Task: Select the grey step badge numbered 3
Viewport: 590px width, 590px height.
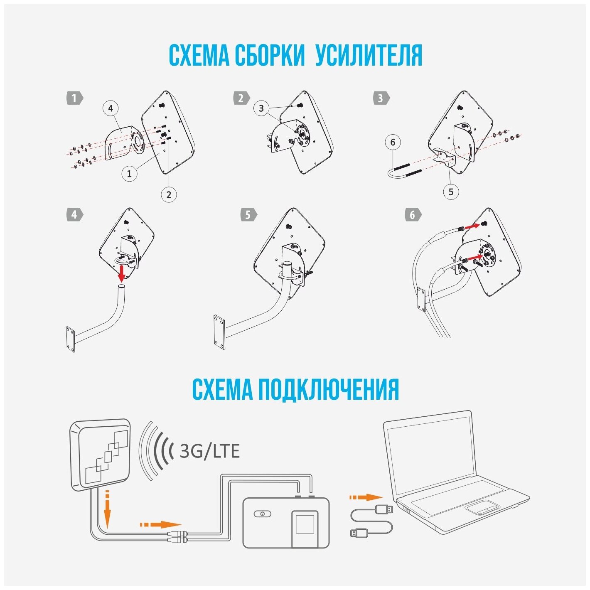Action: click(x=381, y=98)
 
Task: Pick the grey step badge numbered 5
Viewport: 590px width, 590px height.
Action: click(x=248, y=215)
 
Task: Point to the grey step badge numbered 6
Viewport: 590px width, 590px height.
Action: click(x=413, y=215)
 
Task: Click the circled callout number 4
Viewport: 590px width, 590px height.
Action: click(x=111, y=108)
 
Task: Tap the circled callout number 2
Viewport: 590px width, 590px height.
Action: click(x=169, y=194)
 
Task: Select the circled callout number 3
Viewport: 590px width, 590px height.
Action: click(x=261, y=108)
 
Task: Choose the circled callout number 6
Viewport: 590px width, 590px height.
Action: click(x=393, y=143)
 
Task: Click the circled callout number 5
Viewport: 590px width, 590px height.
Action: click(x=451, y=192)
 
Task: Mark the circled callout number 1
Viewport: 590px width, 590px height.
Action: click(x=129, y=173)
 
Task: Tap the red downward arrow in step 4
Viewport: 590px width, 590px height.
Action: click(x=122, y=273)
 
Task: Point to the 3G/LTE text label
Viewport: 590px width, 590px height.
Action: click(x=209, y=451)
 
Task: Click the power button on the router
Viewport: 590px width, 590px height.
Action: click(x=262, y=514)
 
